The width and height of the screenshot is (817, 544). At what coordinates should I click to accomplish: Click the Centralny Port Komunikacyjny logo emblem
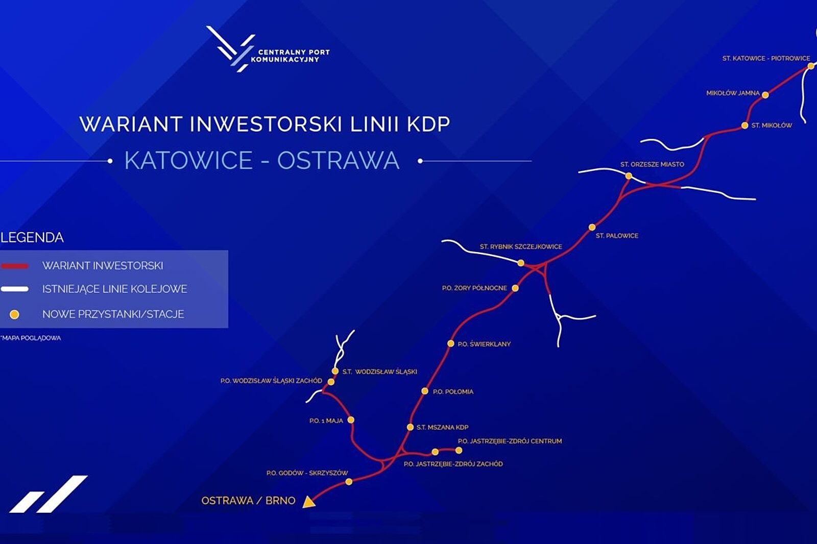coord(230,49)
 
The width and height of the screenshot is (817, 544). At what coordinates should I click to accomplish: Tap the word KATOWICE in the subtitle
coord(188,160)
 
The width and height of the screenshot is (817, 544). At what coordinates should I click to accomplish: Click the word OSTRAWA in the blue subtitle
coord(338,160)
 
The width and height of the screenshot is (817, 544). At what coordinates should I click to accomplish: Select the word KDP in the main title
coord(428,124)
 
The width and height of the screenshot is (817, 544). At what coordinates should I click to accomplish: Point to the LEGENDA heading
coord(32,238)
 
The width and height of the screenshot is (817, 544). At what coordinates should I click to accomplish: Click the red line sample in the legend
coord(15,266)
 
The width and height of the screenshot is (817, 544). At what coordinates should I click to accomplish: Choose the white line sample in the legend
coord(15,289)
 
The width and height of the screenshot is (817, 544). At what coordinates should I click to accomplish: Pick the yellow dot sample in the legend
coord(15,314)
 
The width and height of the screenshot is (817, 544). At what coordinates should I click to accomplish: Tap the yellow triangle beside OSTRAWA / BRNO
coord(308,502)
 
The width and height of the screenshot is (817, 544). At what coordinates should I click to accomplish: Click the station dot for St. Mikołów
coord(745,126)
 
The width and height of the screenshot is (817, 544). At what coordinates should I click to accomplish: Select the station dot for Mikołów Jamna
coord(765,95)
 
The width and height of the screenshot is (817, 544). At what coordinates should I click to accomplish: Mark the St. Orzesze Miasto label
coord(652,164)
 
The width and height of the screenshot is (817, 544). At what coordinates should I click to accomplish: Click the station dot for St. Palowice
coord(592,228)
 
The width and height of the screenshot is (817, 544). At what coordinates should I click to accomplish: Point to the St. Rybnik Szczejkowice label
coord(521,247)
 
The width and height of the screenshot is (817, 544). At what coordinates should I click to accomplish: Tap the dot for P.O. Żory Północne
coord(515,288)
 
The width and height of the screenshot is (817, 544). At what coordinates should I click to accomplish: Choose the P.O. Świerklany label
coord(484,344)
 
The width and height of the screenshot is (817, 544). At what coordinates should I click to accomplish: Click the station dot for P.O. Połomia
coord(424,391)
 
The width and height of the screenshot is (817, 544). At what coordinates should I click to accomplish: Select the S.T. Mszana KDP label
coord(442,427)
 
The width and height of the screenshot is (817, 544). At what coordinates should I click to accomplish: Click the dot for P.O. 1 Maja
coord(350,420)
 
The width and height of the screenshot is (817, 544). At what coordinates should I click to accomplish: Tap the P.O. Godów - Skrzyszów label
coord(307,473)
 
